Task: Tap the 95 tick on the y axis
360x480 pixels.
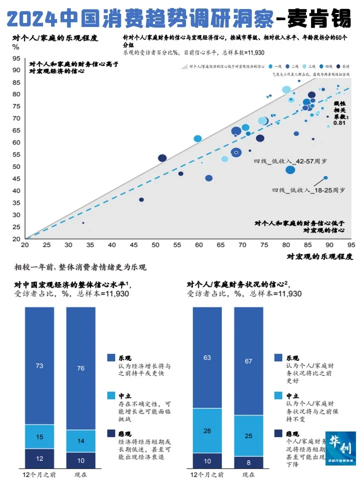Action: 16,58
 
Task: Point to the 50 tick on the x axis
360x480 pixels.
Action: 155,245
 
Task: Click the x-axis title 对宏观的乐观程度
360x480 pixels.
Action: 320,256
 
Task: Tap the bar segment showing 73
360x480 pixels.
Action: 39,365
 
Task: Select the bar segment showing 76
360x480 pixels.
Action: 80,368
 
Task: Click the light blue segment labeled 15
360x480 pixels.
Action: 39,436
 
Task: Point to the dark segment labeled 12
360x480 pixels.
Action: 39,458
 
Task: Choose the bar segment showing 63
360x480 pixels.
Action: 207,357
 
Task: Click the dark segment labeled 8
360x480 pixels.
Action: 248,460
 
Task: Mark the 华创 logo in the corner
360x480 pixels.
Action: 340,448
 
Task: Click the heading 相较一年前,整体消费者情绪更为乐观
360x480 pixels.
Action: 80,267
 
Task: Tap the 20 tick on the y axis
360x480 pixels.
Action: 16,238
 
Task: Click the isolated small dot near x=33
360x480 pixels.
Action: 83,222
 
